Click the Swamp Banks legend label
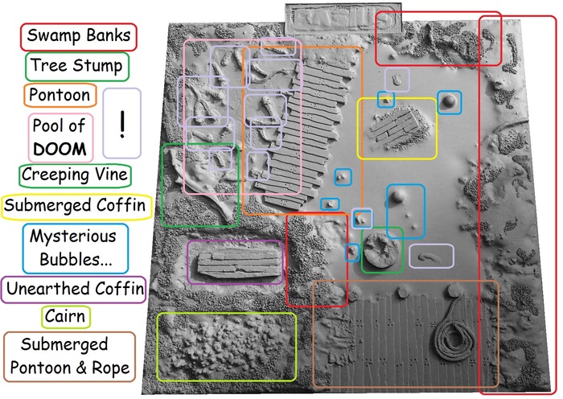pyautogui.click(x=79, y=36)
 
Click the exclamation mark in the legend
pyautogui.click(x=122, y=121)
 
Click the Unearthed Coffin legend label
pyautogui.click(x=73, y=287)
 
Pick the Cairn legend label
pyautogui.click(x=67, y=315)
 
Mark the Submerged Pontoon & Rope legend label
pyautogui.click(x=76, y=356)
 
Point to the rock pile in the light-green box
pyautogui.click(x=226, y=347)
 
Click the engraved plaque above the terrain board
pyautogui.click(x=344, y=17)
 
